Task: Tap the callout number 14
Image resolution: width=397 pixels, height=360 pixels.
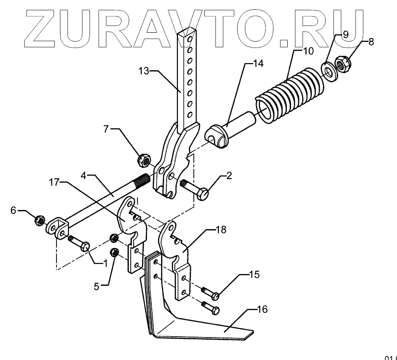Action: coord(258,64)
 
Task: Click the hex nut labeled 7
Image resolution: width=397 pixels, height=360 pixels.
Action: coord(143,160)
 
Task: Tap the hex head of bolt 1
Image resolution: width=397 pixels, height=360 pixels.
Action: coord(85,245)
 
